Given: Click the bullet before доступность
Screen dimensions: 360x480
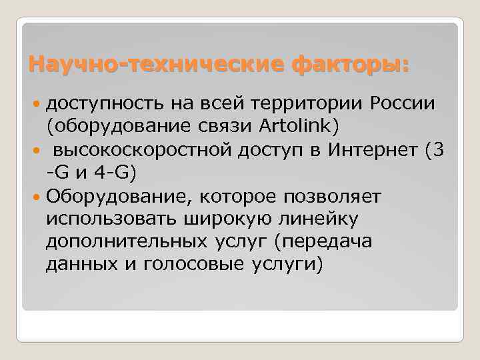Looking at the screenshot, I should click(37, 105).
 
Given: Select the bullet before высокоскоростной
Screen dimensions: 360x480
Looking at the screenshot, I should click(37, 151).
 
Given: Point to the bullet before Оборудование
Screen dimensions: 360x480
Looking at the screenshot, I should click(37, 197).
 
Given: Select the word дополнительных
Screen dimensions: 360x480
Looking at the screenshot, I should click(113, 241).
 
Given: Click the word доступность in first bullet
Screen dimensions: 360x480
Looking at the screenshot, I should click(96, 104).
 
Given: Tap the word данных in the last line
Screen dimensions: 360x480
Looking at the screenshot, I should click(73, 265).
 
